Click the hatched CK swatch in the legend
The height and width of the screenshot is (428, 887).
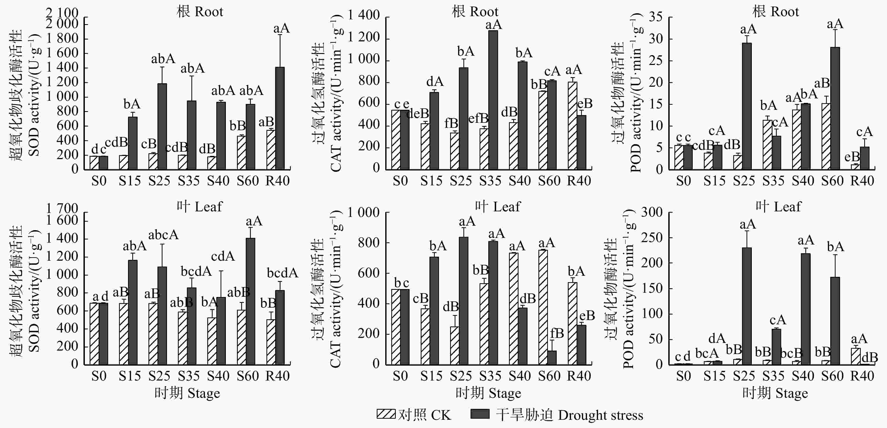386,414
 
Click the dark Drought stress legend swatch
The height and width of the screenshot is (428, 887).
480,414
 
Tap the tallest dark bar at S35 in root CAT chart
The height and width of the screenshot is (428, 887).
493,100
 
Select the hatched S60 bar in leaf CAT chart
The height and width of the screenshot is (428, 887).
543,307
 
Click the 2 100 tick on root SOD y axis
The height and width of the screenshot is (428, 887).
62,13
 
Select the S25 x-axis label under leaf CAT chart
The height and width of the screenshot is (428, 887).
460,376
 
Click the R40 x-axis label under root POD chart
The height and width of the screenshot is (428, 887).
862,181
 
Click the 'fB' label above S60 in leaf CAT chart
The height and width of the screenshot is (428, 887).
557,333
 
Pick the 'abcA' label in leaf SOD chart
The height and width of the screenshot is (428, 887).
163,235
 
